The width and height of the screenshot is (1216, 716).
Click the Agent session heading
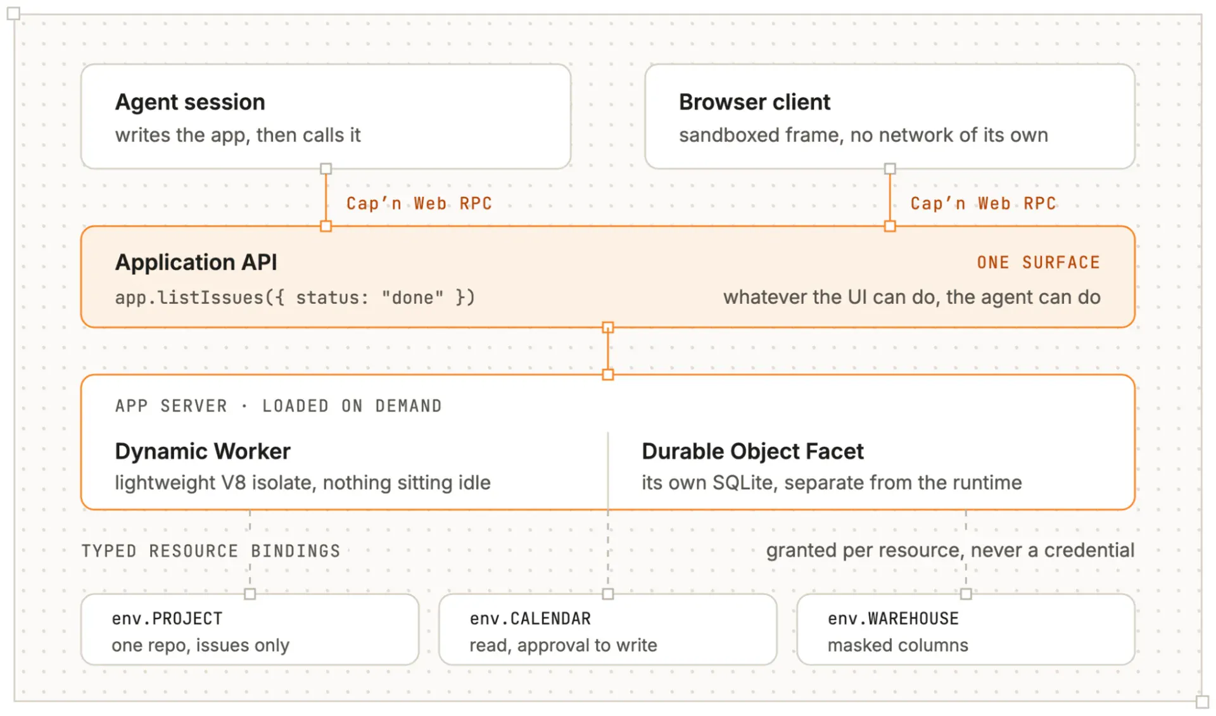click(190, 103)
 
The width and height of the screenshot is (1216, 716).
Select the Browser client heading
click(754, 103)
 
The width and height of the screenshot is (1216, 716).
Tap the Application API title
click(196, 263)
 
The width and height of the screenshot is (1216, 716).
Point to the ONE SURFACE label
click(1038, 263)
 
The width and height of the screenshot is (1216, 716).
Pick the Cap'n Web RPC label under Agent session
click(419, 203)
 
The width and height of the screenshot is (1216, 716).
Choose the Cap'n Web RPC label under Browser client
click(983, 203)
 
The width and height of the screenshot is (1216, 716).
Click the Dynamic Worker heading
click(203, 451)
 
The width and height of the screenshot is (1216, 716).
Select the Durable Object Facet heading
click(752, 451)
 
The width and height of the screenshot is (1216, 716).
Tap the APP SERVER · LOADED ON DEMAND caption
click(279, 406)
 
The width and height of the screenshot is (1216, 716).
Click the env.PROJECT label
click(167, 619)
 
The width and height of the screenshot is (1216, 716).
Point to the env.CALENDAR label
click(530, 619)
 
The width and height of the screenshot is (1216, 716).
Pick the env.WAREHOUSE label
click(893, 619)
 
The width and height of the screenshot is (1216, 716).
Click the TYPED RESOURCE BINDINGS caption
click(211, 551)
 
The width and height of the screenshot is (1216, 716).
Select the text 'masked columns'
click(898, 645)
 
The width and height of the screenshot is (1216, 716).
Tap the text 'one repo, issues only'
click(201, 646)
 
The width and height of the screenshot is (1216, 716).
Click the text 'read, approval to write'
click(564, 646)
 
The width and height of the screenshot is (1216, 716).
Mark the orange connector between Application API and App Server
click(608, 351)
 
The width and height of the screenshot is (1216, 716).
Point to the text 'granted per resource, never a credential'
click(950, 551)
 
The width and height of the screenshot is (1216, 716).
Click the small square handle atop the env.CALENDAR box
click(608, 594)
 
